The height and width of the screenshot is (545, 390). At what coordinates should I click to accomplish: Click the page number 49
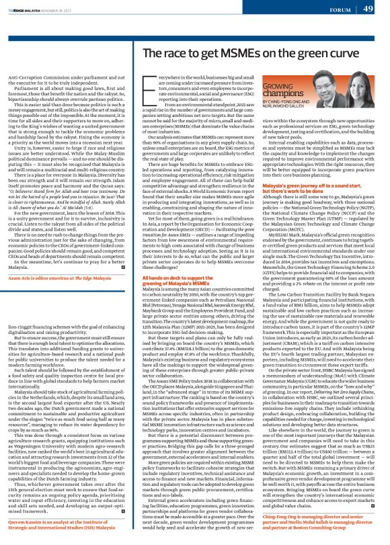coord(368,8)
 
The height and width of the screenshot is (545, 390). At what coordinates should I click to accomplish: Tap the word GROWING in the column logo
coord(276,87)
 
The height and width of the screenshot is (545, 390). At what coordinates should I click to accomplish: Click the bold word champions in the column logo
coord(280,95)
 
